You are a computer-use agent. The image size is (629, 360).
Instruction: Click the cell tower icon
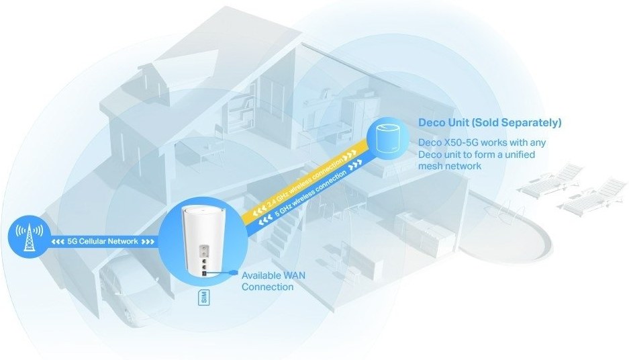[x=28, y=238]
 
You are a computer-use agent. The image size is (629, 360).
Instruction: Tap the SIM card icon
[x=205, y=299]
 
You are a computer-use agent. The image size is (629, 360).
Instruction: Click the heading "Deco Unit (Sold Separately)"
[x=489, y=123]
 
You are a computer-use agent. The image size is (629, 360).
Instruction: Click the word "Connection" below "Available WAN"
[x=267, y=287]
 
